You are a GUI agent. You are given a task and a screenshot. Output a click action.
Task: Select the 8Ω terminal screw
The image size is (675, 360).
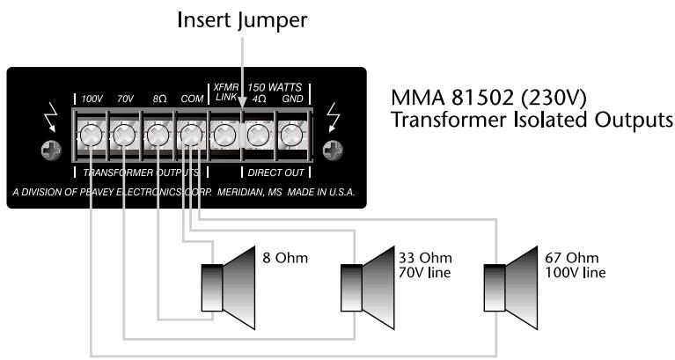coord(158,136)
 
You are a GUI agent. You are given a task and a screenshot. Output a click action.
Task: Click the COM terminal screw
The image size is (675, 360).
coord(190,136)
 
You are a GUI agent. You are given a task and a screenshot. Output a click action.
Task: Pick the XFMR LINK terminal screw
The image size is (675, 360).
coord(223,136)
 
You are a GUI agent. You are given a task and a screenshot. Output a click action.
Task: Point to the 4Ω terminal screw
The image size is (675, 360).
coord(256,136)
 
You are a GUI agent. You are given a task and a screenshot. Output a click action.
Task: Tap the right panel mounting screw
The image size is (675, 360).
coord(331,151)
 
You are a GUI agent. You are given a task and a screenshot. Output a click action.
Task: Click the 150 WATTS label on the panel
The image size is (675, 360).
coord(275,87)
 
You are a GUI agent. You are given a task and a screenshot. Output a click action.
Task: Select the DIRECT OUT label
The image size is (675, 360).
coord(275,173)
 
